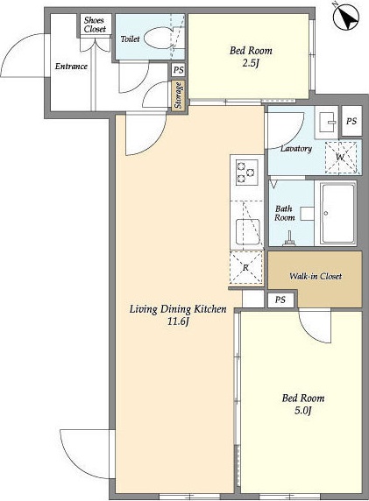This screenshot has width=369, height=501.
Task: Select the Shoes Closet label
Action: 95,25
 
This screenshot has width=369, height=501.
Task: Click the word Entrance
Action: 71,67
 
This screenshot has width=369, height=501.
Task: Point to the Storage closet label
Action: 178,95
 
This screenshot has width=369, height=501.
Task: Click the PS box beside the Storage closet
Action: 178,70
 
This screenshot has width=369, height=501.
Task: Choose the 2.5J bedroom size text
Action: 251,63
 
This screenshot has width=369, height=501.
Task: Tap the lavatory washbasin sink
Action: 327,123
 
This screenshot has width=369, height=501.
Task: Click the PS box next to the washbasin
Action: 351,121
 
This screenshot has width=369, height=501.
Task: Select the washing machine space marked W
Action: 341,157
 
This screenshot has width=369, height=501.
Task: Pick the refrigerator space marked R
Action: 246,267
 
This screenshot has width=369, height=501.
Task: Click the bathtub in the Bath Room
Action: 338,214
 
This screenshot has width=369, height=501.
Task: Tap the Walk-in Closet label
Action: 316,277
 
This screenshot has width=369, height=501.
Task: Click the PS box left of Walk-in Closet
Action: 280,300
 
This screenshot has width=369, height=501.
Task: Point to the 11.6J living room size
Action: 177,321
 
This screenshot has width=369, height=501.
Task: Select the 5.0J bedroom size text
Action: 302,410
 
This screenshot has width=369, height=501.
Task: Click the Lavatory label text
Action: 296,149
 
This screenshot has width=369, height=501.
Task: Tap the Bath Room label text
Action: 284,214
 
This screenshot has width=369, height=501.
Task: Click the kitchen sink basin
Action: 247,231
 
